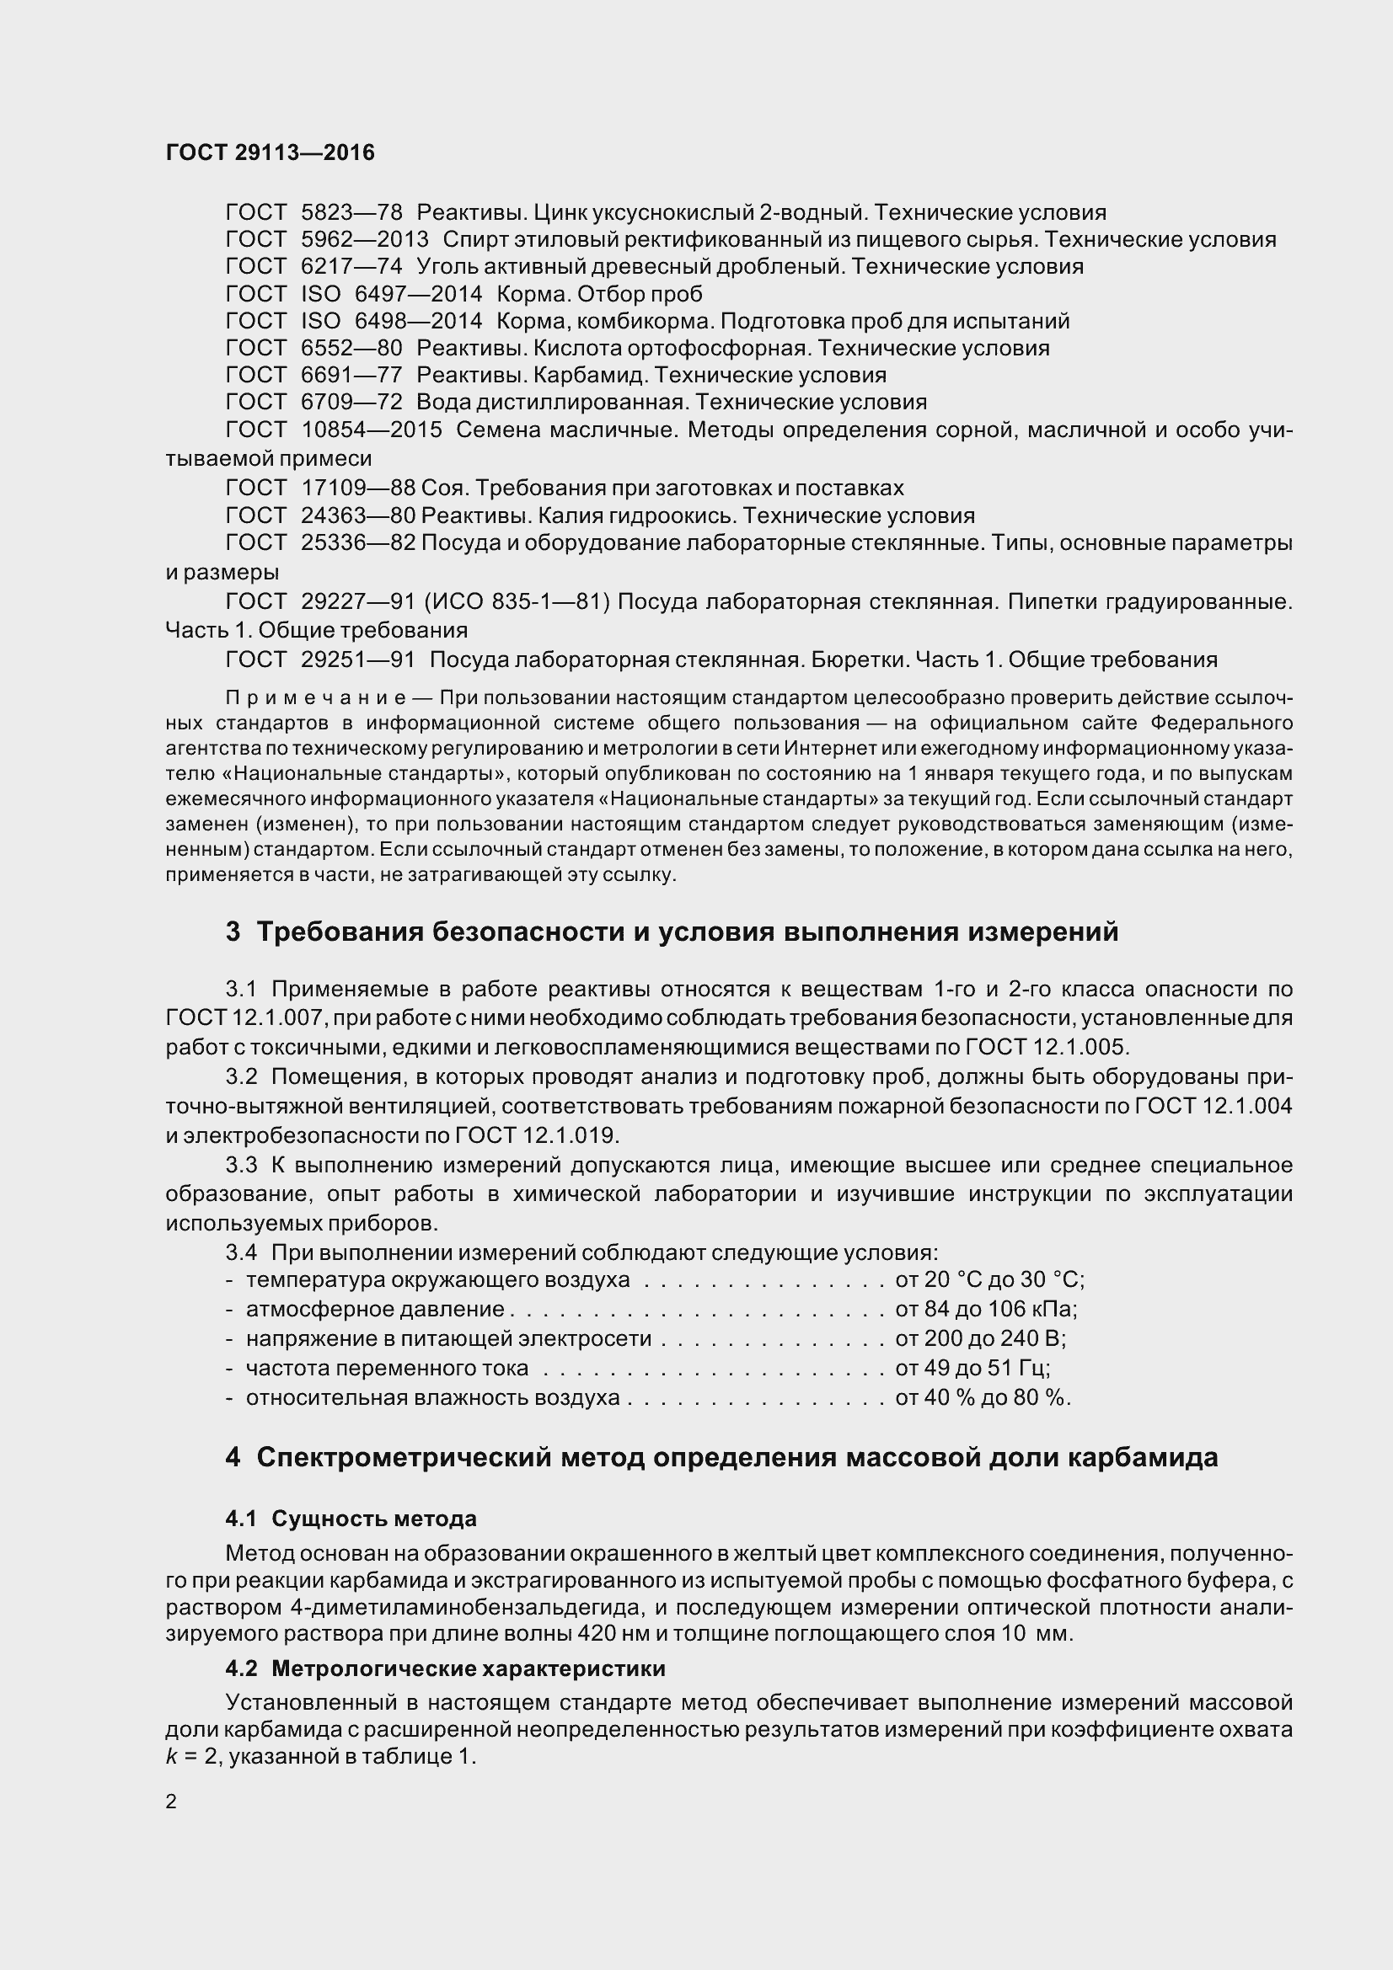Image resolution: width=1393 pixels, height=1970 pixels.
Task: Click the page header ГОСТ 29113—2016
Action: (x=271, y=152)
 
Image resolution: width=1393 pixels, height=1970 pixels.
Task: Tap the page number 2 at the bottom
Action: (x=171, y=1801)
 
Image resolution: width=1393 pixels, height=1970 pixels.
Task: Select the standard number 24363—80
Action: (x=358, y=515)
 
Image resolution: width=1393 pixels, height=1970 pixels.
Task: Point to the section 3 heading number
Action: (x=233, y=932)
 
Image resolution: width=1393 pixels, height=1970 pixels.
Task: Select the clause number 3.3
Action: (x=241, y=1165)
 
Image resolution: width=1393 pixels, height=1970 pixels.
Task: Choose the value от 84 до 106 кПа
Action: (x=985, y=1310)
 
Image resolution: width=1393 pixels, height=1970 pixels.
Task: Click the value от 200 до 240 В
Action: (x=980, y=1338)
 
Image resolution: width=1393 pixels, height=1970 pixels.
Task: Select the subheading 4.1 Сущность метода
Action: (x=351, y=1519)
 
